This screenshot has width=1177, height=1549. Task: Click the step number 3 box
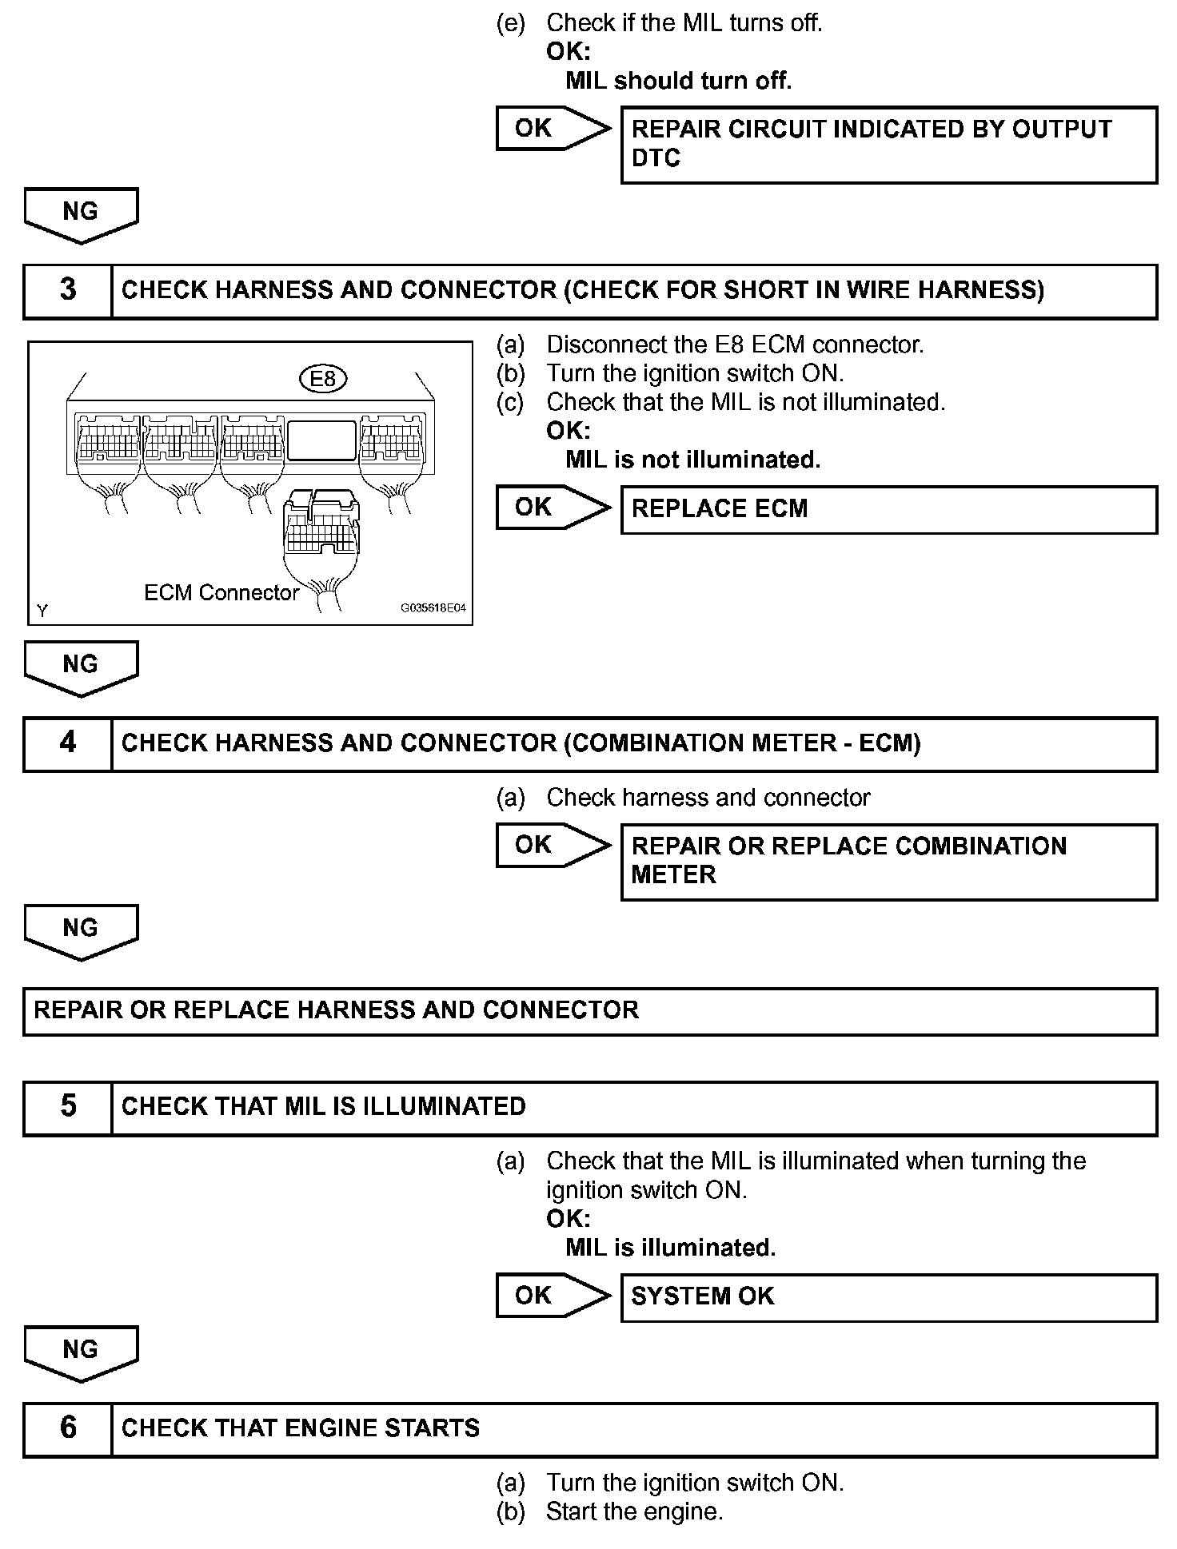(x=68, y=291)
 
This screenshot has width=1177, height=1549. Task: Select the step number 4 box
(x=68, y=743)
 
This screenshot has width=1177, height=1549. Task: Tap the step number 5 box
(x=68, y=1108)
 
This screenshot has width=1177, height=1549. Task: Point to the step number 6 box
(x=68, y=1429)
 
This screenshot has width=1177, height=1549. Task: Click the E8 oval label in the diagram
(x=322, y=378)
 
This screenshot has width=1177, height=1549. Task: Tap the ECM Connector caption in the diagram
(x=221, y=592)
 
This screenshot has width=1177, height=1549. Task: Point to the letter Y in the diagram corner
(x=42, y=611)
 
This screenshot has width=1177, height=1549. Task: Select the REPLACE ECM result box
(x=888, y=509)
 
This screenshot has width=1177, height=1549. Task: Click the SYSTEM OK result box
(x=888, y=1296)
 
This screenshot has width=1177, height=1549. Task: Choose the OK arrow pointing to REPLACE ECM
(x=552, y=508)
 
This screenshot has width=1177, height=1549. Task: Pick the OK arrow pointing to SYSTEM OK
(x=552, y=1296)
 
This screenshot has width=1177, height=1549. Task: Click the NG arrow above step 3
(x=81, y=214)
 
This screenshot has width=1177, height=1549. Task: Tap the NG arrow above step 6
(x=81, y=1352)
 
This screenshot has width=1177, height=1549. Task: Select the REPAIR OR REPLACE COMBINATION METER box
(x=888, y=862)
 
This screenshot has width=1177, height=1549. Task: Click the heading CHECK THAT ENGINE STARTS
(x=301, y=1429)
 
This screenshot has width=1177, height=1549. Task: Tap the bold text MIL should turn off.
(x=678, y=81)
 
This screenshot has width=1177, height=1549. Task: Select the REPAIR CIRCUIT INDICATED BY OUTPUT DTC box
(x=888, y=145)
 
